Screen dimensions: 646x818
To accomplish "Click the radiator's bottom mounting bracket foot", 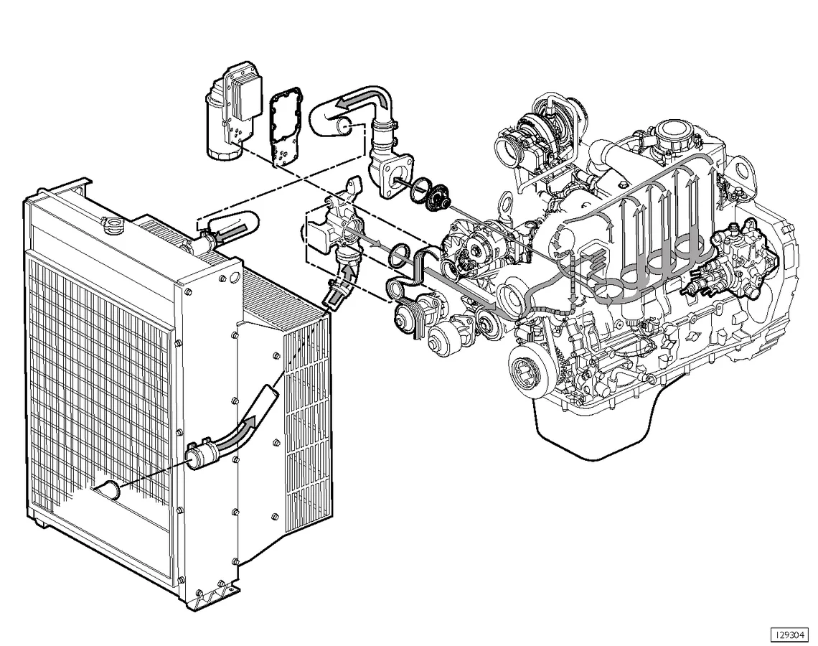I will [215, 593].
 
